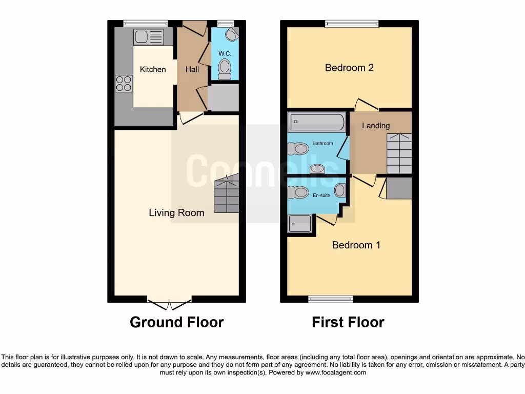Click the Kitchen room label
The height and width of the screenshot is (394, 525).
point(153,69)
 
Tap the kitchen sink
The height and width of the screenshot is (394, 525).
point(149,37)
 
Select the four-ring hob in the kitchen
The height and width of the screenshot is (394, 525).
point(124,83)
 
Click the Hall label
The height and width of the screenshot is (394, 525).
point(192,69)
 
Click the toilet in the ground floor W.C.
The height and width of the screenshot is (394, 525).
point(225,69)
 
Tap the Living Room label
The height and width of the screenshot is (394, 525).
point(176,212)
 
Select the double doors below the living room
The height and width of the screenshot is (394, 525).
point(169,304)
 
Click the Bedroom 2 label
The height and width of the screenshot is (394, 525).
point(349,68)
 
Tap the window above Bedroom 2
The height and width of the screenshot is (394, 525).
point(352,23)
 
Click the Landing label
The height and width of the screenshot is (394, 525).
point(376,126)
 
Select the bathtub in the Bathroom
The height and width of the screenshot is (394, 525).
point(317,123)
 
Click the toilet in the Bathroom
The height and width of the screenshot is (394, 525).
point(298,149)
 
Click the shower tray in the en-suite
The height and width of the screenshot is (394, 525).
point(300,224)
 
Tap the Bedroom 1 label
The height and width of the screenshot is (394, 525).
point(356,245)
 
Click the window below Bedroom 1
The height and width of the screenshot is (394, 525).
point(330,299)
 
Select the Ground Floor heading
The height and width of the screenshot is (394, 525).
point(176,322)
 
